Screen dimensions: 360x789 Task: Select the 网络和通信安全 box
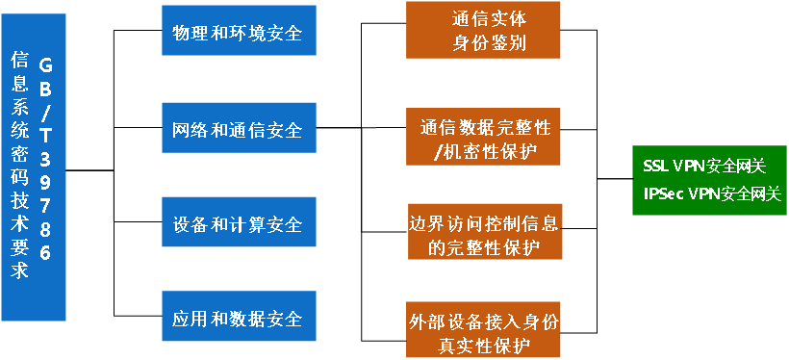tap(238, 129)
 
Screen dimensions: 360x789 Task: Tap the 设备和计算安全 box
tap(238, 224)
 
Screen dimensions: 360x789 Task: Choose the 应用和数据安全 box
tap(238, 318)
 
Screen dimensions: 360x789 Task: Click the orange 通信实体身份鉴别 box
tap(483, 31)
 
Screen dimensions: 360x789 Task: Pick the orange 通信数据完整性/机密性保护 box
tap(483, 138)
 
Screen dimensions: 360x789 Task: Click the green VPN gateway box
tap(710, 179)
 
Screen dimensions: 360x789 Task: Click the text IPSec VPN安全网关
tap(712, 193)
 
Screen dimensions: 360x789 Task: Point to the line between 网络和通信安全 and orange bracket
tap(338, 129)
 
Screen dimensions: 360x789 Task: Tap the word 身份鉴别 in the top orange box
tap(488, 44)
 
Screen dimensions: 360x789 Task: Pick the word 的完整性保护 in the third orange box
tap(483, 247)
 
